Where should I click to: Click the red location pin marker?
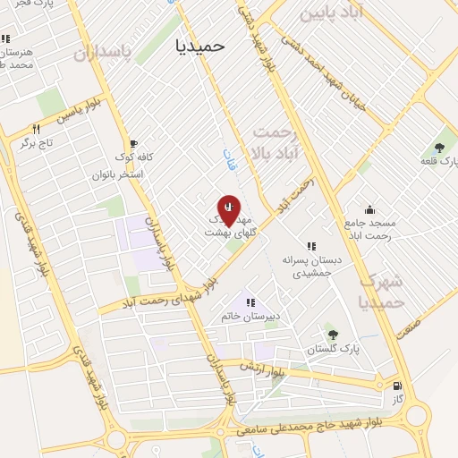pyautogui.click(x=229, y=209)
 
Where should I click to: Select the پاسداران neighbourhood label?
pyautogui.click(x=102, y=54)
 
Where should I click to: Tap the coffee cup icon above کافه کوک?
pyautogui.click(x=133, y=143)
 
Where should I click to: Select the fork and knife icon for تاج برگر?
pyautogui.click(x=36, y=128)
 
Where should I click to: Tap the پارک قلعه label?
pyautogui.click(x=439, y=161)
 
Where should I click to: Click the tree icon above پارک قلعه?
pyautogui.click(x=439, y=147)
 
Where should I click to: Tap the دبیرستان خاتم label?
pyautogui.click(x=250, y=317)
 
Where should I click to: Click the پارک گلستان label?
pyautogui.click(x=332, y=350)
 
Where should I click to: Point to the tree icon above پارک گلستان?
pyautogui.click(x=333, y=335)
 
